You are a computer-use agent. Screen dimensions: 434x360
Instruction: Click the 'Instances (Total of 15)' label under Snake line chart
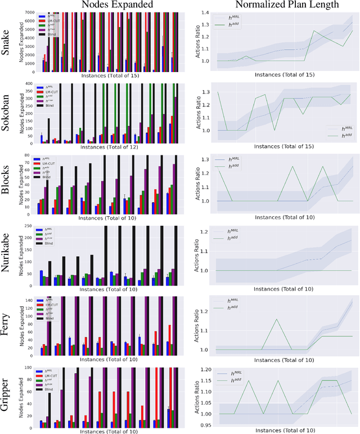[x=280, y=74]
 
